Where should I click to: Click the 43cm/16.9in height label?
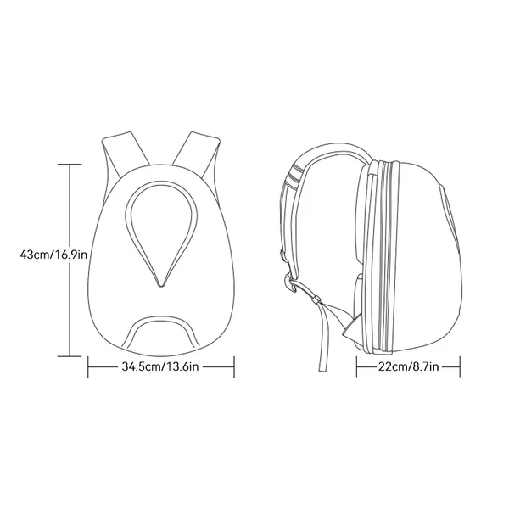coord(53,255)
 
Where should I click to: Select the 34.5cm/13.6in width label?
coord(160,366)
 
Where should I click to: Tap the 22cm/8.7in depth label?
coord(408,366)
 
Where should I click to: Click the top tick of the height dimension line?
coord(70,165)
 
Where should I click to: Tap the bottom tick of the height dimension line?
coord(70,356)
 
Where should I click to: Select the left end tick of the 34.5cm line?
coord(88,366)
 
